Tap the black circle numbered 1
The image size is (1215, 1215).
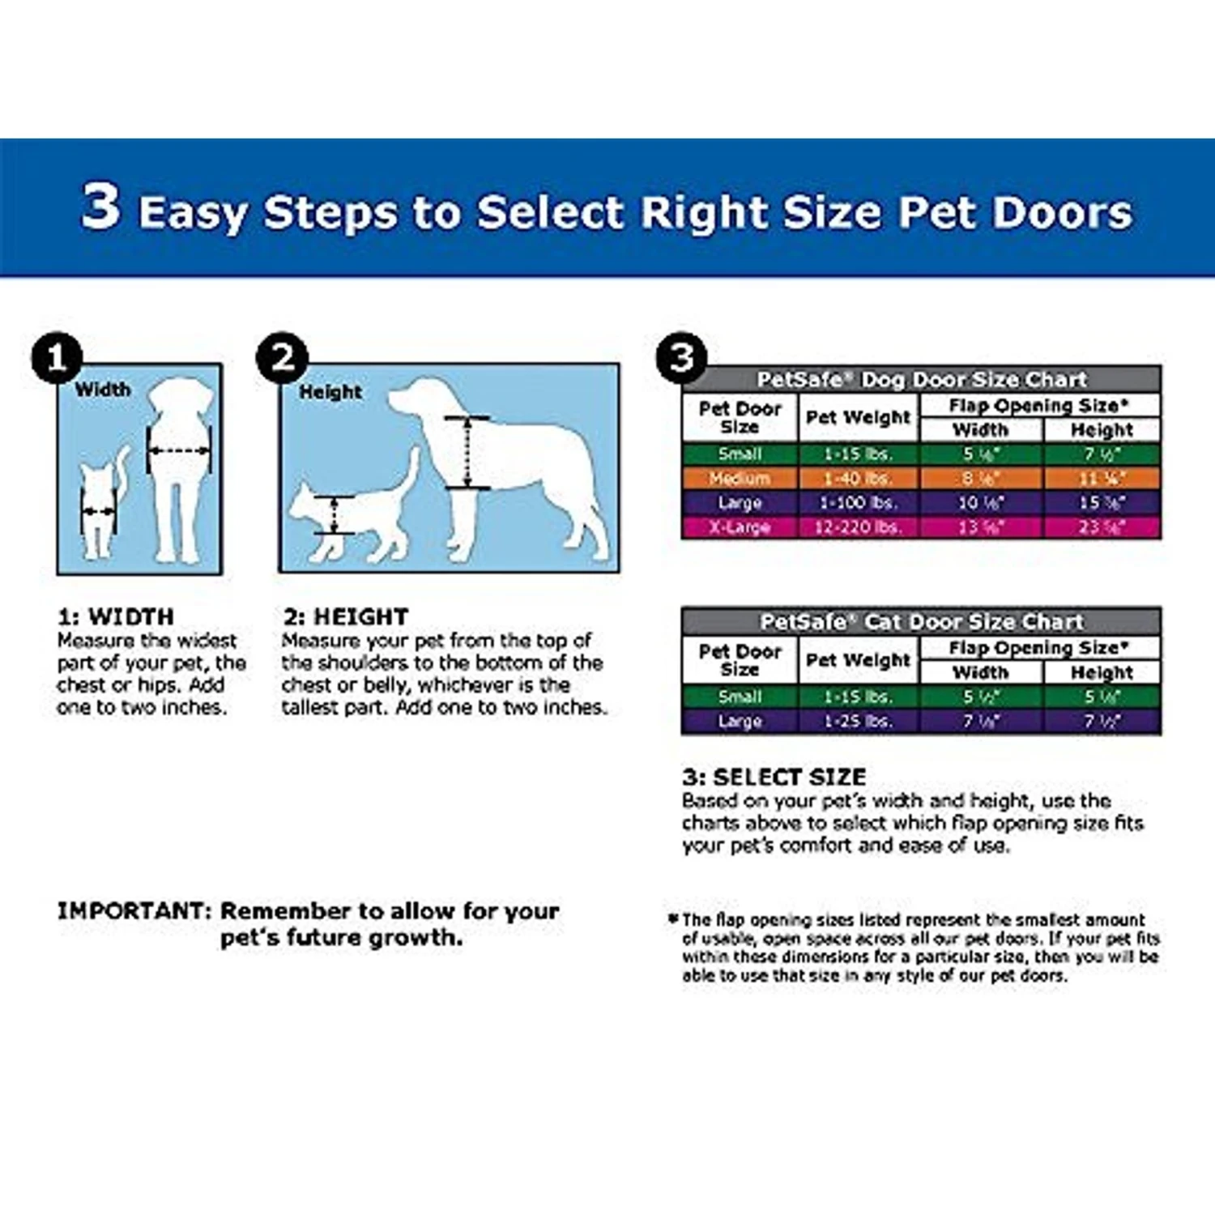pyautogui.click(x=56, y=358)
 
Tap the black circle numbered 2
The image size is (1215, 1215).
pyautogui.click(x=282, y=357)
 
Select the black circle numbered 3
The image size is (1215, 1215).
pyautogui.click(x=681, y=357)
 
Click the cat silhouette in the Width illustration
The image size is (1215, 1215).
pyautogui.click(x=100, y=506)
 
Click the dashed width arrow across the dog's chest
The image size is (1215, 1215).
pyautogui.click(x=179, y=450)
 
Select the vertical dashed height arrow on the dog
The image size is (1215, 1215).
pyautogui.click(x=467, y=453)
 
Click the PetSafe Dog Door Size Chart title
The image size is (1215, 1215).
pyautogui.click(x=921, y=379)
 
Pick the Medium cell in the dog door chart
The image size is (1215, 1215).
pyautogui.click(x=740, y=478)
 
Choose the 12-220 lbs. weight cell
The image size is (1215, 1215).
pyautogui.click(x=858, y=527)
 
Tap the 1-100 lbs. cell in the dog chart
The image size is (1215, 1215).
pyautogui.click(x=858, y=502)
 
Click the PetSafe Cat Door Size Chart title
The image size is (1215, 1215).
pyautogui.click(x=921, y=621)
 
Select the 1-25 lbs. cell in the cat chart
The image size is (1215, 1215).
pyautogui.click(x=858, y=721)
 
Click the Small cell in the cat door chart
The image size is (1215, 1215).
pyautogui.click(x=740, y=697)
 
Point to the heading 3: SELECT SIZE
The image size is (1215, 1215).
pyautogui.click(x=774, y=777)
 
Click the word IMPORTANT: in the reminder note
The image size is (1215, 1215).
pyautogui.click(x=134, y=910)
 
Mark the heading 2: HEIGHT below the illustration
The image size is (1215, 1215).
pyautogui.click(x=346, y=616)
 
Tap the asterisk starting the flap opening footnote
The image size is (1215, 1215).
pyautogui.click(x=672, y=919)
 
